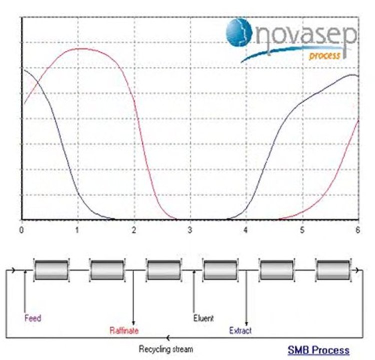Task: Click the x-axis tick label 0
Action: [21, 230]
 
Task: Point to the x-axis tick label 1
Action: [77, 230]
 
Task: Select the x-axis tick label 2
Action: [134, 230]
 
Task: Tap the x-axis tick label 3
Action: [190, 230]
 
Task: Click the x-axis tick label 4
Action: [246, 230]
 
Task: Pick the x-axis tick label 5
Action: [302, 230]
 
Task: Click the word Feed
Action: [33, 318]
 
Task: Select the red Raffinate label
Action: [124, 330]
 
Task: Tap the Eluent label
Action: [203, 318]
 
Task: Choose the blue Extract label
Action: [240, 330]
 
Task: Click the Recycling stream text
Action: [166, 349]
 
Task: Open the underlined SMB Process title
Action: [318, 350]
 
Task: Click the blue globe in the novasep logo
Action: [239, 32]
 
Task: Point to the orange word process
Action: [324, 55]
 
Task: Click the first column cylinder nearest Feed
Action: [51, 270]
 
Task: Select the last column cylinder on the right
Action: [333, 270]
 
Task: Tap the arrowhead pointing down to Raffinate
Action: [133, 323]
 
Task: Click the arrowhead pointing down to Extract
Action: [246, 323]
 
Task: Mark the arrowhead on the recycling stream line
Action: [168, 338]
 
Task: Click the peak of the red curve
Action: [80, 48]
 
